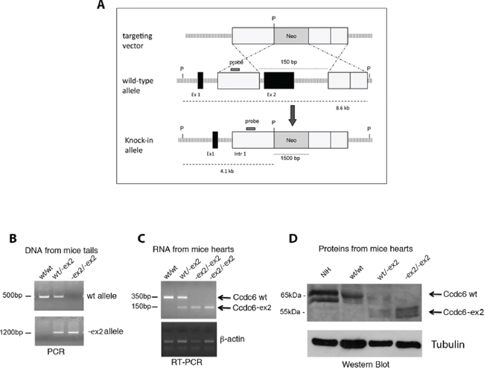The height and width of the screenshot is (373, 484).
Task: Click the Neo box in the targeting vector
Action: tap(291, 36)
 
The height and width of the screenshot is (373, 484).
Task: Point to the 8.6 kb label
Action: tap(342, 107)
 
